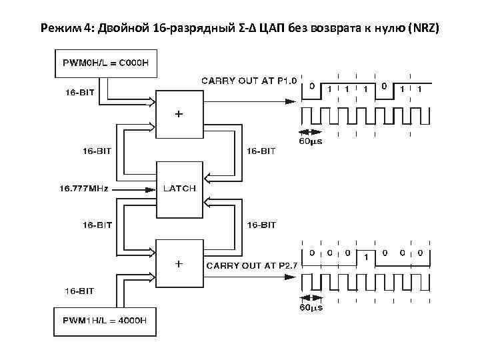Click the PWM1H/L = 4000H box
[x=105, y=322]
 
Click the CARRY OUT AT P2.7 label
[x=251, y=266]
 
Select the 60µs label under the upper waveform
[x=311, y=141]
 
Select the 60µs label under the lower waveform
[x=311, y=308]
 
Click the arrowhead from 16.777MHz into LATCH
[x=151, y=189]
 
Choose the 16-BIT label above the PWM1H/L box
[x=79, y=291]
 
